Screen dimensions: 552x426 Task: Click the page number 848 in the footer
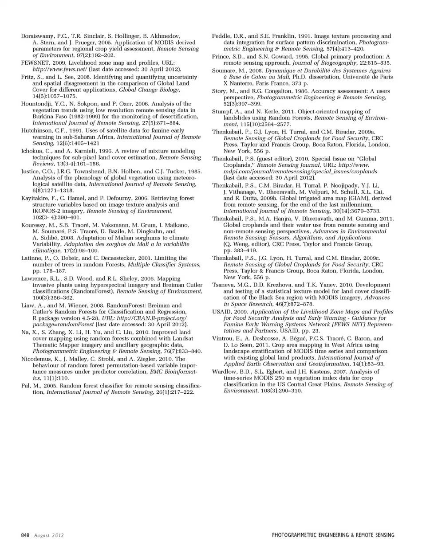click(25, 535)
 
